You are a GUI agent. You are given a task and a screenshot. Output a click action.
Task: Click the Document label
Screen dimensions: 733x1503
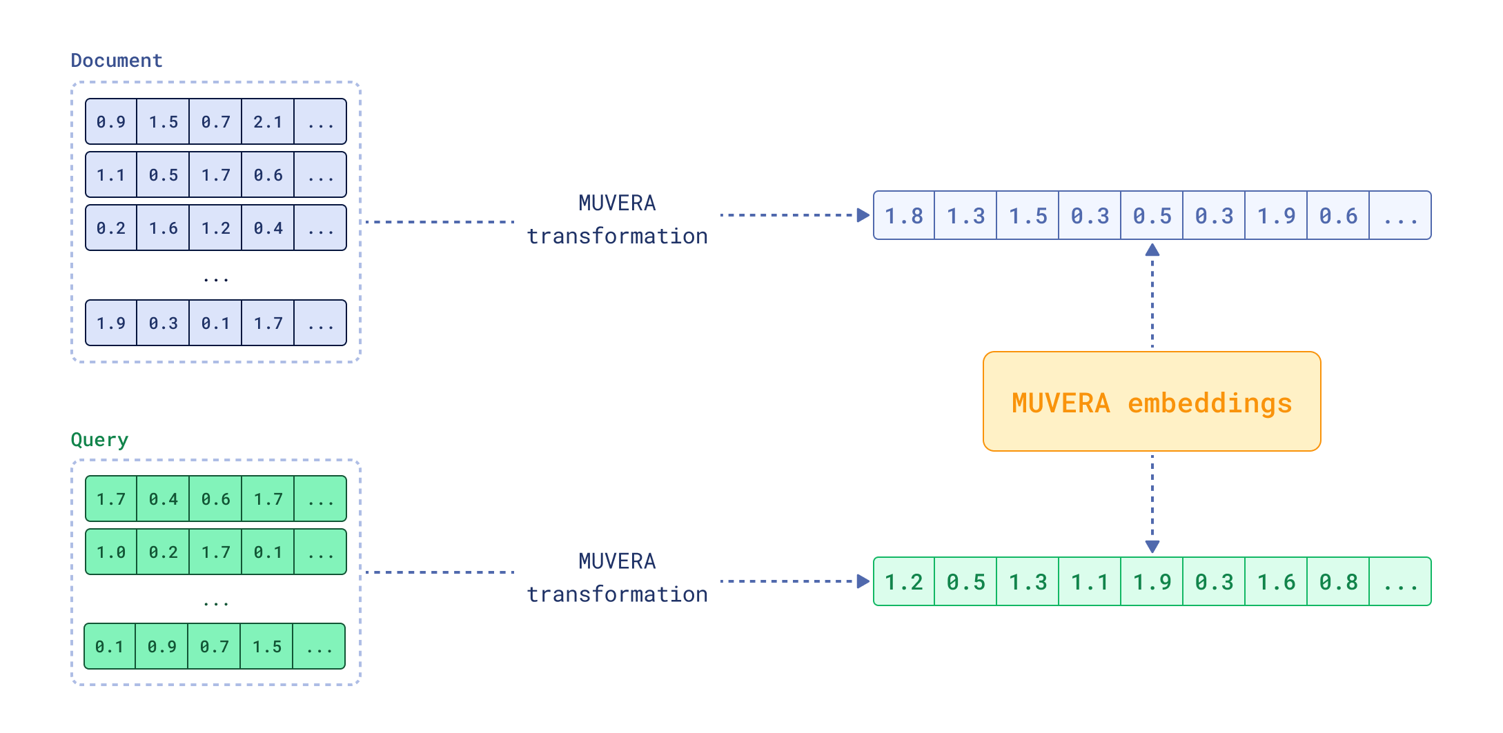116,61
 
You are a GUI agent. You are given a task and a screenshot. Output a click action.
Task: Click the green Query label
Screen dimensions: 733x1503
99,440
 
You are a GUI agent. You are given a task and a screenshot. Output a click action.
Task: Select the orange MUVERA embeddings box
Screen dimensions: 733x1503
1151,402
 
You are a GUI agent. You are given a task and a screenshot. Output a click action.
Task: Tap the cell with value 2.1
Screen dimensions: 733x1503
268,122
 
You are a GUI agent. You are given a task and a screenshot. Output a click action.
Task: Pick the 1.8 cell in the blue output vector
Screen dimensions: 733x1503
903,216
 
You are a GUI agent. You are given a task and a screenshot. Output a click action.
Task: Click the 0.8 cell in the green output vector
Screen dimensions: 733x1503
1338,582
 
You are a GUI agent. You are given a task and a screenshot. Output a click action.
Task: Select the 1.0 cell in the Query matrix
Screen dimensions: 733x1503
111,552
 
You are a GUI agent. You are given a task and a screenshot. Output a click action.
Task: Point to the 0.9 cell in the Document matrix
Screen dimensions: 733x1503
111,122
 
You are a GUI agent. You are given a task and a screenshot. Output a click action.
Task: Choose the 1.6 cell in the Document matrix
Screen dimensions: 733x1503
164,228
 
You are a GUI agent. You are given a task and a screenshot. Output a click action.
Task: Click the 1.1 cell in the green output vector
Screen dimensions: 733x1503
1090,582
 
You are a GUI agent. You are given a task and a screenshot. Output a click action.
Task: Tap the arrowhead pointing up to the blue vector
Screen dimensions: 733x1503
1152,250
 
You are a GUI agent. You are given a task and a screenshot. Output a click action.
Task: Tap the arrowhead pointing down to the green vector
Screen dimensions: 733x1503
1152,547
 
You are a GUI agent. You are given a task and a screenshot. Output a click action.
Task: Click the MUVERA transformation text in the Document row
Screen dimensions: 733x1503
617,220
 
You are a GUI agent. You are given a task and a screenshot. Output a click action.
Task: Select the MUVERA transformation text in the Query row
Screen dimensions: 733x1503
617,578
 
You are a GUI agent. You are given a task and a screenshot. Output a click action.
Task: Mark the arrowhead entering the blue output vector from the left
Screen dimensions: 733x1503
863,215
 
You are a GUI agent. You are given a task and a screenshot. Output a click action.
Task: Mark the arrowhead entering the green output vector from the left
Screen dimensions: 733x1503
863,581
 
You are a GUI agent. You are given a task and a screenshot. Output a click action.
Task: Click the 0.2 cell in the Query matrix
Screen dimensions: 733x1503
164,552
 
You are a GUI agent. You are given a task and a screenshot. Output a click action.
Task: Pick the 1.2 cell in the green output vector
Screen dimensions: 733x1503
903,582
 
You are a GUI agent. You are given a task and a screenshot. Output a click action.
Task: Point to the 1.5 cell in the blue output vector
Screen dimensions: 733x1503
1028,216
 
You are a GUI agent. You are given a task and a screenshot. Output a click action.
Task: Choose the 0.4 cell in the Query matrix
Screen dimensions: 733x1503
164,499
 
